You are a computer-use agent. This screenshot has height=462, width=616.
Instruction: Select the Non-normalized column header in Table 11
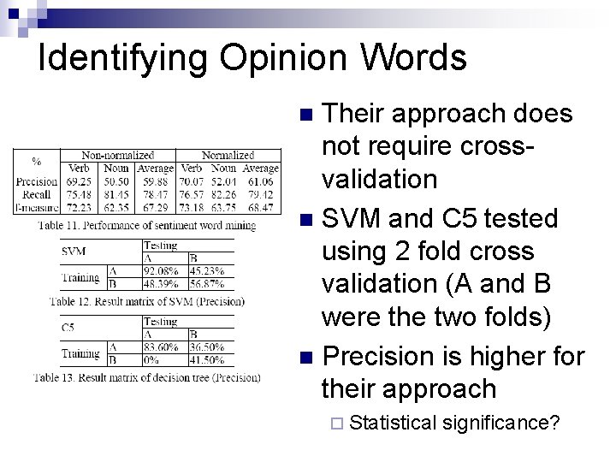click(117, 156)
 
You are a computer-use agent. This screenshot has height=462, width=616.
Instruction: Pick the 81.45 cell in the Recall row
click(116, 193)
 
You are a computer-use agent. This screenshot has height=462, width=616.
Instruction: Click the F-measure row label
click(36, 206)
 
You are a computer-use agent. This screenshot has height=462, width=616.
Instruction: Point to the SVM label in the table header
click(74, 252)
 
